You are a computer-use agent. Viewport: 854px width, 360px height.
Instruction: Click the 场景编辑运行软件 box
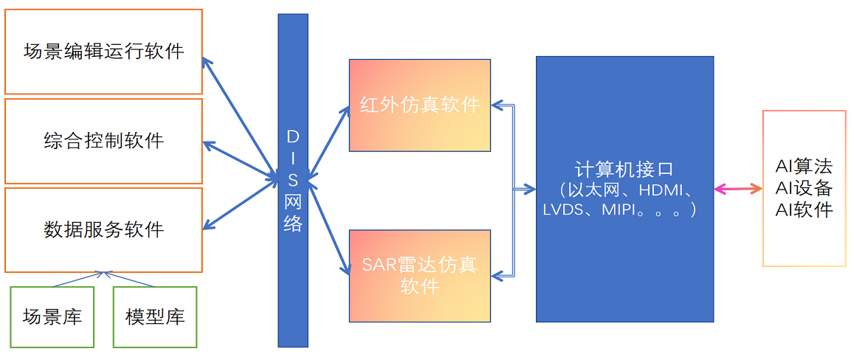(103, 52)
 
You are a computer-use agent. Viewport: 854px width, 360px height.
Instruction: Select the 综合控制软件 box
(103, 141)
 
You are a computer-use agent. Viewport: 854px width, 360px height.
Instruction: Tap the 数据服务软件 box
(103, 229)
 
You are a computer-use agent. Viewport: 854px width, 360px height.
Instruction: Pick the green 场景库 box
(52, 317)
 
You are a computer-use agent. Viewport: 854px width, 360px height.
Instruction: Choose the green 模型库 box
(155, 317)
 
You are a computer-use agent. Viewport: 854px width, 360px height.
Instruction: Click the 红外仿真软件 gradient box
(420, 105)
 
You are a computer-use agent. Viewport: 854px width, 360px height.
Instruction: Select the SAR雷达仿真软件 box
(420, 276)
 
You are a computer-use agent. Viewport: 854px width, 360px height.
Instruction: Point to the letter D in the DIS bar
(293, 136)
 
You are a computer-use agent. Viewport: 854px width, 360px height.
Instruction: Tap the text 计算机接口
(624, 168)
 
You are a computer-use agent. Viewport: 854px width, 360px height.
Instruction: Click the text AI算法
(804, 167)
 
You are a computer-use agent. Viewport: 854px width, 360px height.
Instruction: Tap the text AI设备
(804, 188)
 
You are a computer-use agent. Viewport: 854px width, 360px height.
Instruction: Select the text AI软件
(804, 210)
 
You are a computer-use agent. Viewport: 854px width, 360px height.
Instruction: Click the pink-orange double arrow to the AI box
(738, 190)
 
